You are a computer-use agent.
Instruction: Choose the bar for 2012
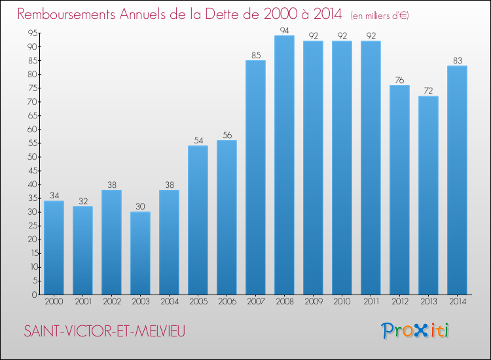pos(399,190)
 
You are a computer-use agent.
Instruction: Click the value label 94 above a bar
pos(284,30)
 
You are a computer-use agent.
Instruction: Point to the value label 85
pos(255,55)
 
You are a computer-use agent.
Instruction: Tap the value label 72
pos(428,91)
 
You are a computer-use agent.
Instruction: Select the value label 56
pos(227,135)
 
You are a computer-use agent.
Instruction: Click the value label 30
pos(140,206)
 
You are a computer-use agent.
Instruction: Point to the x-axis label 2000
pos(54,302)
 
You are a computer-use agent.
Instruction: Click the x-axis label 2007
pos(255,302)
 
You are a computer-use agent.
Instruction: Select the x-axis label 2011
pos(371,302)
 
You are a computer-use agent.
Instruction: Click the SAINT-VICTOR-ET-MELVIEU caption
pos(105,332)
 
